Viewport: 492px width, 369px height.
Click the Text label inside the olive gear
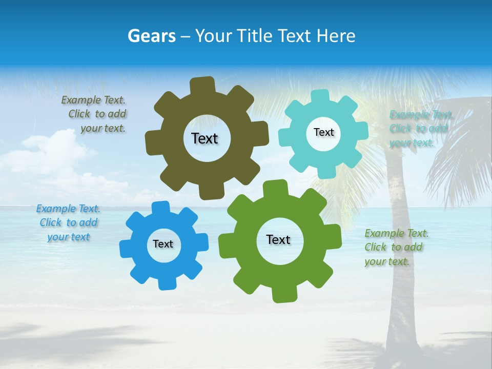[x=204, y=138]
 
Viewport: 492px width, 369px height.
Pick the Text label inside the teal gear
[x=323, y=132]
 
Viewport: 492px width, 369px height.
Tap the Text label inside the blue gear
[x=163, y=244]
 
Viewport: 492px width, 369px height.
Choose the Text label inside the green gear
[x=278, y=239]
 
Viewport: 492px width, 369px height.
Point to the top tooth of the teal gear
[x=321, y=97]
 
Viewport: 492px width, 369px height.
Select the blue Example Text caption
[x=68, y=223]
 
